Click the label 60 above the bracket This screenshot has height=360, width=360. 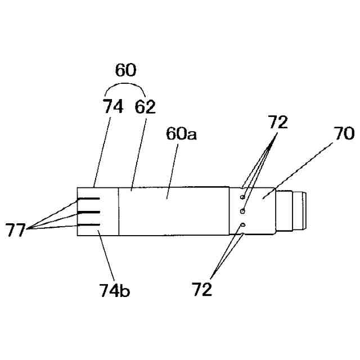(126, 71)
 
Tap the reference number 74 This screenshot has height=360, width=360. (113, 107)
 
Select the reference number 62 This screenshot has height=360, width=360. (145, 107)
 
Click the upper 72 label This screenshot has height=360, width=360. (277, 123)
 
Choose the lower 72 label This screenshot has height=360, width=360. (202, 290)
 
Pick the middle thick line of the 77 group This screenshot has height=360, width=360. (89, 213)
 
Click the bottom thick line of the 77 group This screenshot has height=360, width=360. (89, 225)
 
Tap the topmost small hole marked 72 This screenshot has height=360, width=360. (242, 197)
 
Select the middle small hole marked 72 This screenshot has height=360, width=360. (242, 211)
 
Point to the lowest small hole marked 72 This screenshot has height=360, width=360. (242, 225)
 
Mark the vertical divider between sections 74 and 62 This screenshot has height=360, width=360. (119, 211)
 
